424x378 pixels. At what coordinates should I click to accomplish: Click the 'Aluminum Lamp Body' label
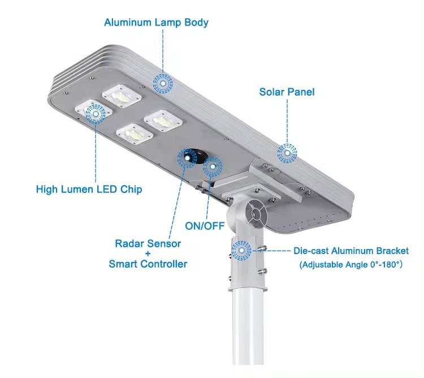(x=156, y=23)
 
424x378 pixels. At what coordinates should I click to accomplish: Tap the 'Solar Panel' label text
(x=287, y=92)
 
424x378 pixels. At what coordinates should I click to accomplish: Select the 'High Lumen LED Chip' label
(x=89, y=189)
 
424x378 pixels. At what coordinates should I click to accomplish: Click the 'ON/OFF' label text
(x=205, y=226)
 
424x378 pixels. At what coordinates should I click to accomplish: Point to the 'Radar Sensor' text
(x=148, y=244)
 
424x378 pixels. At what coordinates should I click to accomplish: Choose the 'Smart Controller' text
(x=148, y=264)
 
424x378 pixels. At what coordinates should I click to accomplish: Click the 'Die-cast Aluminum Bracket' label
(x=351, y=251)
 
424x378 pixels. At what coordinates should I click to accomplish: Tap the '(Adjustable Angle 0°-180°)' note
(x=351, y=264)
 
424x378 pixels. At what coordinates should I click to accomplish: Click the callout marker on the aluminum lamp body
(x=163, y=83)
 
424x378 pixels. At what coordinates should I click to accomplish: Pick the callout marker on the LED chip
(x=95, y=114)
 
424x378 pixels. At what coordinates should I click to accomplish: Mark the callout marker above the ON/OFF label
(x=213, y=167)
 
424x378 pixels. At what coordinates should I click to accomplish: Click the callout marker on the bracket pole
(x=242, y=250)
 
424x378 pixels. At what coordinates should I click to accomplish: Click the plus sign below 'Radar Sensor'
(x=148, y=254)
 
